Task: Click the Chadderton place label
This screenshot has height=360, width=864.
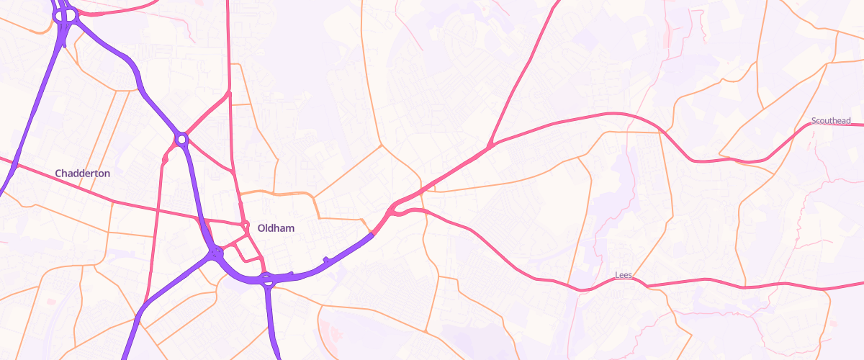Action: (x=82, y=174)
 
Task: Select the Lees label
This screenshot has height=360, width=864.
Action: (x=624, y=276)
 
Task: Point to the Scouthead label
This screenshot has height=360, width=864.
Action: (x=831, y=121)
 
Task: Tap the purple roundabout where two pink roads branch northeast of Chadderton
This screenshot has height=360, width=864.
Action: (x=181, y=138)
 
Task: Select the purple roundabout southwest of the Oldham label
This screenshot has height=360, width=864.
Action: (x=215, y=252)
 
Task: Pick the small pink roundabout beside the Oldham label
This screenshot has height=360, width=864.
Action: (x=246, y=228)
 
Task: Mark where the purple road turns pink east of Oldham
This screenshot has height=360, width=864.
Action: (x=373, y=233)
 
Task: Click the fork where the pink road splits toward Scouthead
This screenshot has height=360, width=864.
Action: (x=490, y=146)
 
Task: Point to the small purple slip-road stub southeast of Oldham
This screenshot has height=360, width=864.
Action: (x=327, y=259)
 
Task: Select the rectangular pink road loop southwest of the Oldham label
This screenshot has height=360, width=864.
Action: (x=248, y=250)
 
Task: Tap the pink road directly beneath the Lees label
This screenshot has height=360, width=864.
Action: (x=624, y=285)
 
